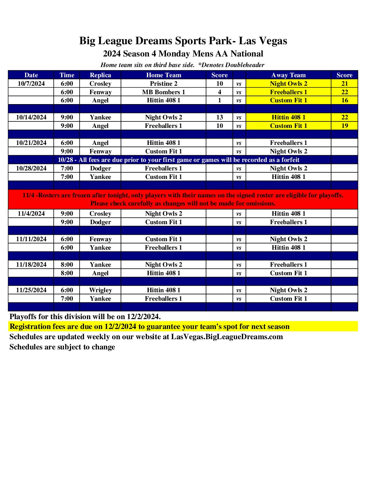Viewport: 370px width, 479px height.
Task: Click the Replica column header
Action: click(x=100, y=75)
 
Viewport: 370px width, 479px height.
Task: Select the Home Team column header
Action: click(x=164, y=75)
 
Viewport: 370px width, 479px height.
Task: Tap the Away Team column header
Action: click(x=288, y=75)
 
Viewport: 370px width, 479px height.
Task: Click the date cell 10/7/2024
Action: click(x=31, y=84)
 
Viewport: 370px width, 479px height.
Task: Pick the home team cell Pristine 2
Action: click(x=164, y=84)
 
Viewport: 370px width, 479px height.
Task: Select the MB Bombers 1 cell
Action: click(x=164, y=92)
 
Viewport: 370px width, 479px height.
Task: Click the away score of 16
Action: click(x=344, y=100)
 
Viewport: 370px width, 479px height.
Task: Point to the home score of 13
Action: click(x=220, y=117)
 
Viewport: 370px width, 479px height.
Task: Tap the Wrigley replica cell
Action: click(x=100, y=290)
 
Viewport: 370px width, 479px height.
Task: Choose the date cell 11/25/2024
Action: click(x=31, y=290)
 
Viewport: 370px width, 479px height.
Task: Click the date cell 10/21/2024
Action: click(x=31, y=143)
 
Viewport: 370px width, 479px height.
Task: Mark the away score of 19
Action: click(x=344, y=126)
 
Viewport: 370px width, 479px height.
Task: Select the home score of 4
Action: click(x=220, y=92)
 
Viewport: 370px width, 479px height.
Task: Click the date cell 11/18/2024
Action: click(x=31, y=265)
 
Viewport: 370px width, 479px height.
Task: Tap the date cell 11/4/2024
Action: click(x=31, y=214)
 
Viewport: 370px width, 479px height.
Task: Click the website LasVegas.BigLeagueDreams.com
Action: click(x=227, y=337)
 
